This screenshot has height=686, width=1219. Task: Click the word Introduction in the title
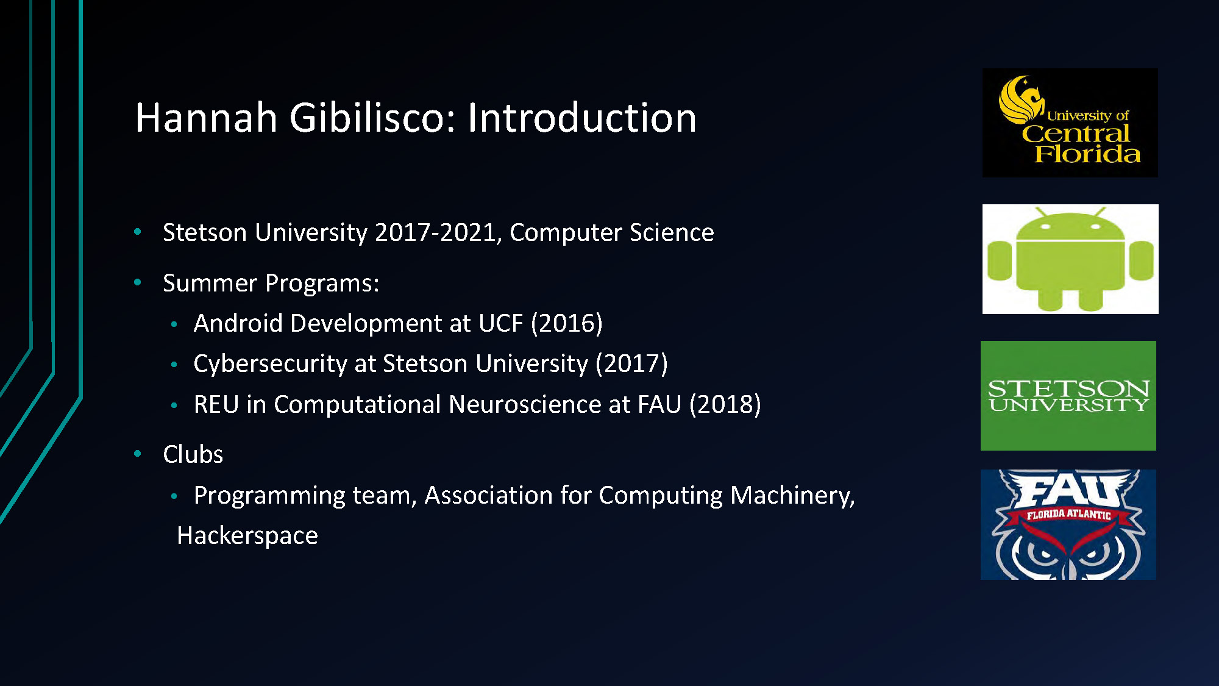coord(581,118)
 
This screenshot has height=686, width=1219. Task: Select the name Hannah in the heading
coord(206,118)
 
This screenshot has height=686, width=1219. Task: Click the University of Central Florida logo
coord(1070,123)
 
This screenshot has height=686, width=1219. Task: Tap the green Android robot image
coord(1070,259)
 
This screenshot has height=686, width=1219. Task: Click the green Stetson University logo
coord(1068,396)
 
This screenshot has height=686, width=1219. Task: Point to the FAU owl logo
coord(1068,524)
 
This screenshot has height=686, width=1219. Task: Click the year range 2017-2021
coord(436,233)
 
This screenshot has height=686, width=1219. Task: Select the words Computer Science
coord(611,233)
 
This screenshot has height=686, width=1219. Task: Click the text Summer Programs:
coord(271,284)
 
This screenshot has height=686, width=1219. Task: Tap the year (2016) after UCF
coord(566,324)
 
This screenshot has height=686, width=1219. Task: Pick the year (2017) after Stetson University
coord(631,364)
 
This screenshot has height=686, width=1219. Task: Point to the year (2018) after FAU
coord(725,405)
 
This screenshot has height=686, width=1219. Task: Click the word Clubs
coord(193,455)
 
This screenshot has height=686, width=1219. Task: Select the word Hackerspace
coord(247,536)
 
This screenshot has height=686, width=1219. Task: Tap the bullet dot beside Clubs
coord(138,454)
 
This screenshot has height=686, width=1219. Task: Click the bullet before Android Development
coord(174,324)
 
